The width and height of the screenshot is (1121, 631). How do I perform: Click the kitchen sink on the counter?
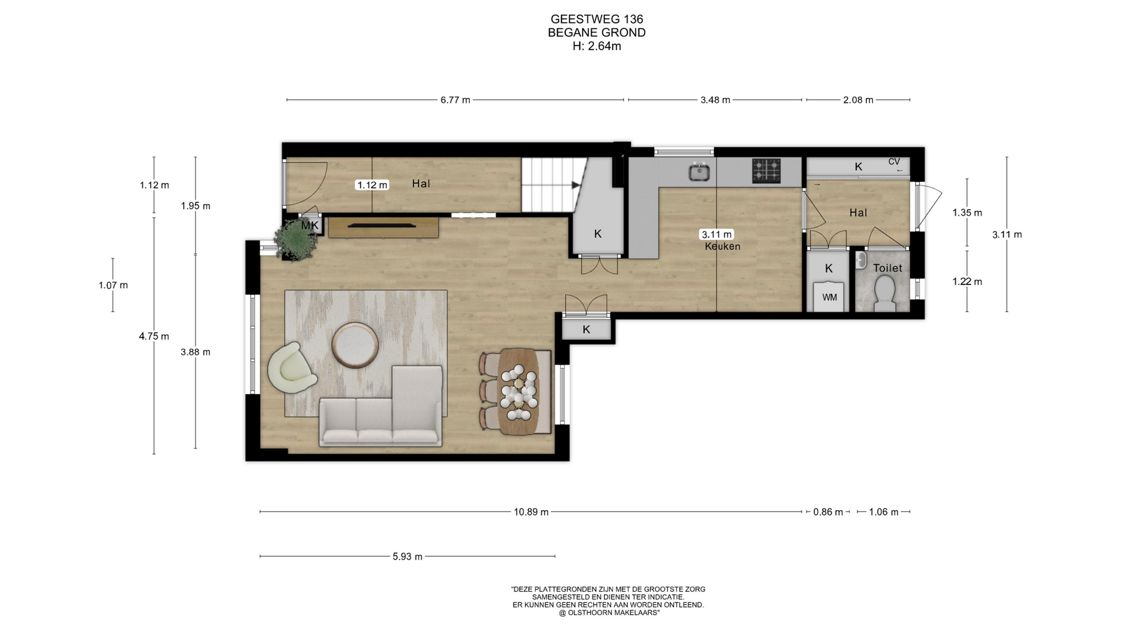click(699, 172)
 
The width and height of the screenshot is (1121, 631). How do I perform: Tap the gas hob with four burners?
click(766, 171)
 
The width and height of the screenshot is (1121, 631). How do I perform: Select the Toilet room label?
click(887, 268)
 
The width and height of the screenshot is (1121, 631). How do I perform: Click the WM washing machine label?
click(829, 297)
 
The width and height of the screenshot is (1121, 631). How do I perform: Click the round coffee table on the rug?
click(355, 345)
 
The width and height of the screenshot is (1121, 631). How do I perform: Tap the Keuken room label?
click(722, 247)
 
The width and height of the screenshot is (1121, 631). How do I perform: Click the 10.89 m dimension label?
click(531, 512)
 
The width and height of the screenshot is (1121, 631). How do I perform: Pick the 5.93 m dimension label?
click(408, 557)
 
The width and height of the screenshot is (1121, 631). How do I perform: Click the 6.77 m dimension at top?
click(455, 100)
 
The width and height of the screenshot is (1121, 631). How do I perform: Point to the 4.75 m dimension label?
click(154, 337)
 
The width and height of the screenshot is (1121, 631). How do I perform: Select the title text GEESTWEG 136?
click(597, 20)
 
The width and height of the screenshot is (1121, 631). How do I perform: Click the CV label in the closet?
click(894, 162)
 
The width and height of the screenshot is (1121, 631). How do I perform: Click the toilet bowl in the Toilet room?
click(885, 292)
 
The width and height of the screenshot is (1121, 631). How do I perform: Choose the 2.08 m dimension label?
click(858, 100)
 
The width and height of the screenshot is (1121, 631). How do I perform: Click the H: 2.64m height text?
click(597, 46)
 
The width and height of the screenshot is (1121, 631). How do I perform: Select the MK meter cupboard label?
click(310, 226)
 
